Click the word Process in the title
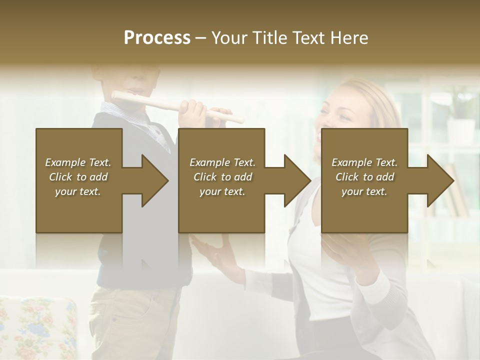[157, 38]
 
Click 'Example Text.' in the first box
[78, 162]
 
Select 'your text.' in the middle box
[222, 191]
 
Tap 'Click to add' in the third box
[364, 177]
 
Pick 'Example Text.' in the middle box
[222, 162]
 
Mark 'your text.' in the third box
[364, 191]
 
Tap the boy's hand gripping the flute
[193, 111]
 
